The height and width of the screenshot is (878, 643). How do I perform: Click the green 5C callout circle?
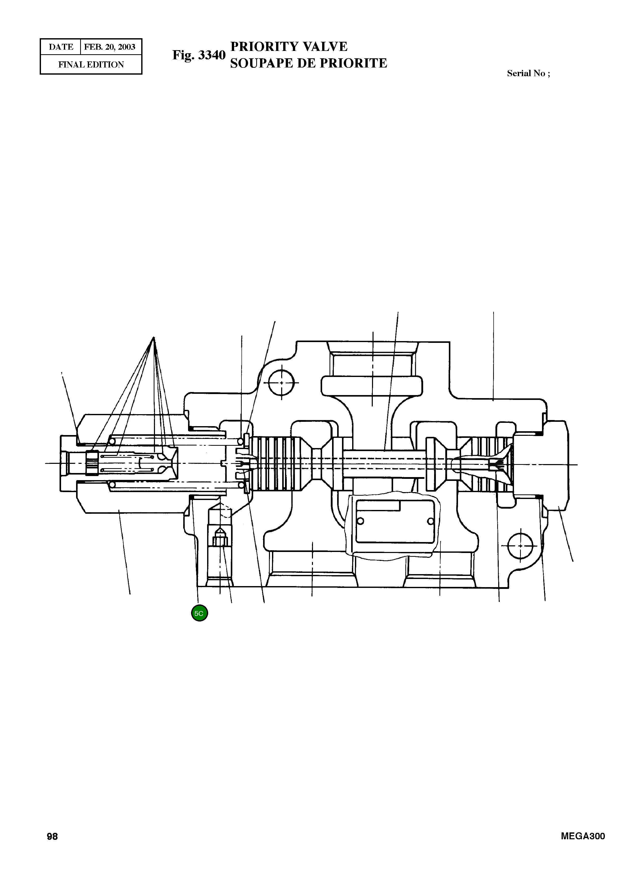click(200, 613)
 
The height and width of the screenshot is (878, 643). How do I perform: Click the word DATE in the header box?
click(61, 47)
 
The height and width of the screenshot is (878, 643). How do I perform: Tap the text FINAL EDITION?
click(91, 65)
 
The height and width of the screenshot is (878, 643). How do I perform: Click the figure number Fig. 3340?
click(199, 55)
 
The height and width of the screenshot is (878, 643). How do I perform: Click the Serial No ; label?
click(528, 73)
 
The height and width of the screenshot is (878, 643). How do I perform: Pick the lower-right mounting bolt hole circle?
click(520, 546)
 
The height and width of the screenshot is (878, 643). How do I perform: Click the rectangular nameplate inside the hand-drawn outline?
click(395, 522)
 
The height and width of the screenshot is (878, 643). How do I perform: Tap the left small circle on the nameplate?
click(360, 521)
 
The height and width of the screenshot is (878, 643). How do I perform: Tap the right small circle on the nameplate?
click(430, 521)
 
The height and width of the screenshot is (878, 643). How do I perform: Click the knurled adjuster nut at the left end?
click(92, 463)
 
